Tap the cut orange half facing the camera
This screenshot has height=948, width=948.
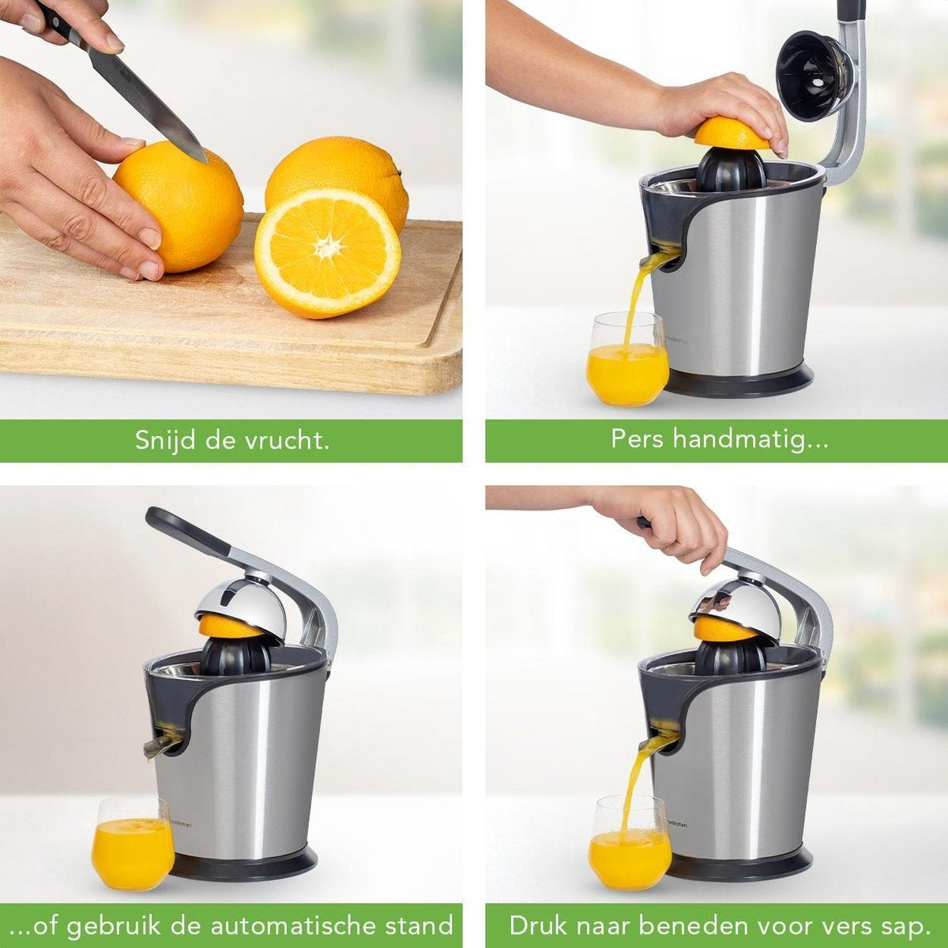click(x=327, y=252)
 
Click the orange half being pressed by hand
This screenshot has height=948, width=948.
click(x=731, y=134)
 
